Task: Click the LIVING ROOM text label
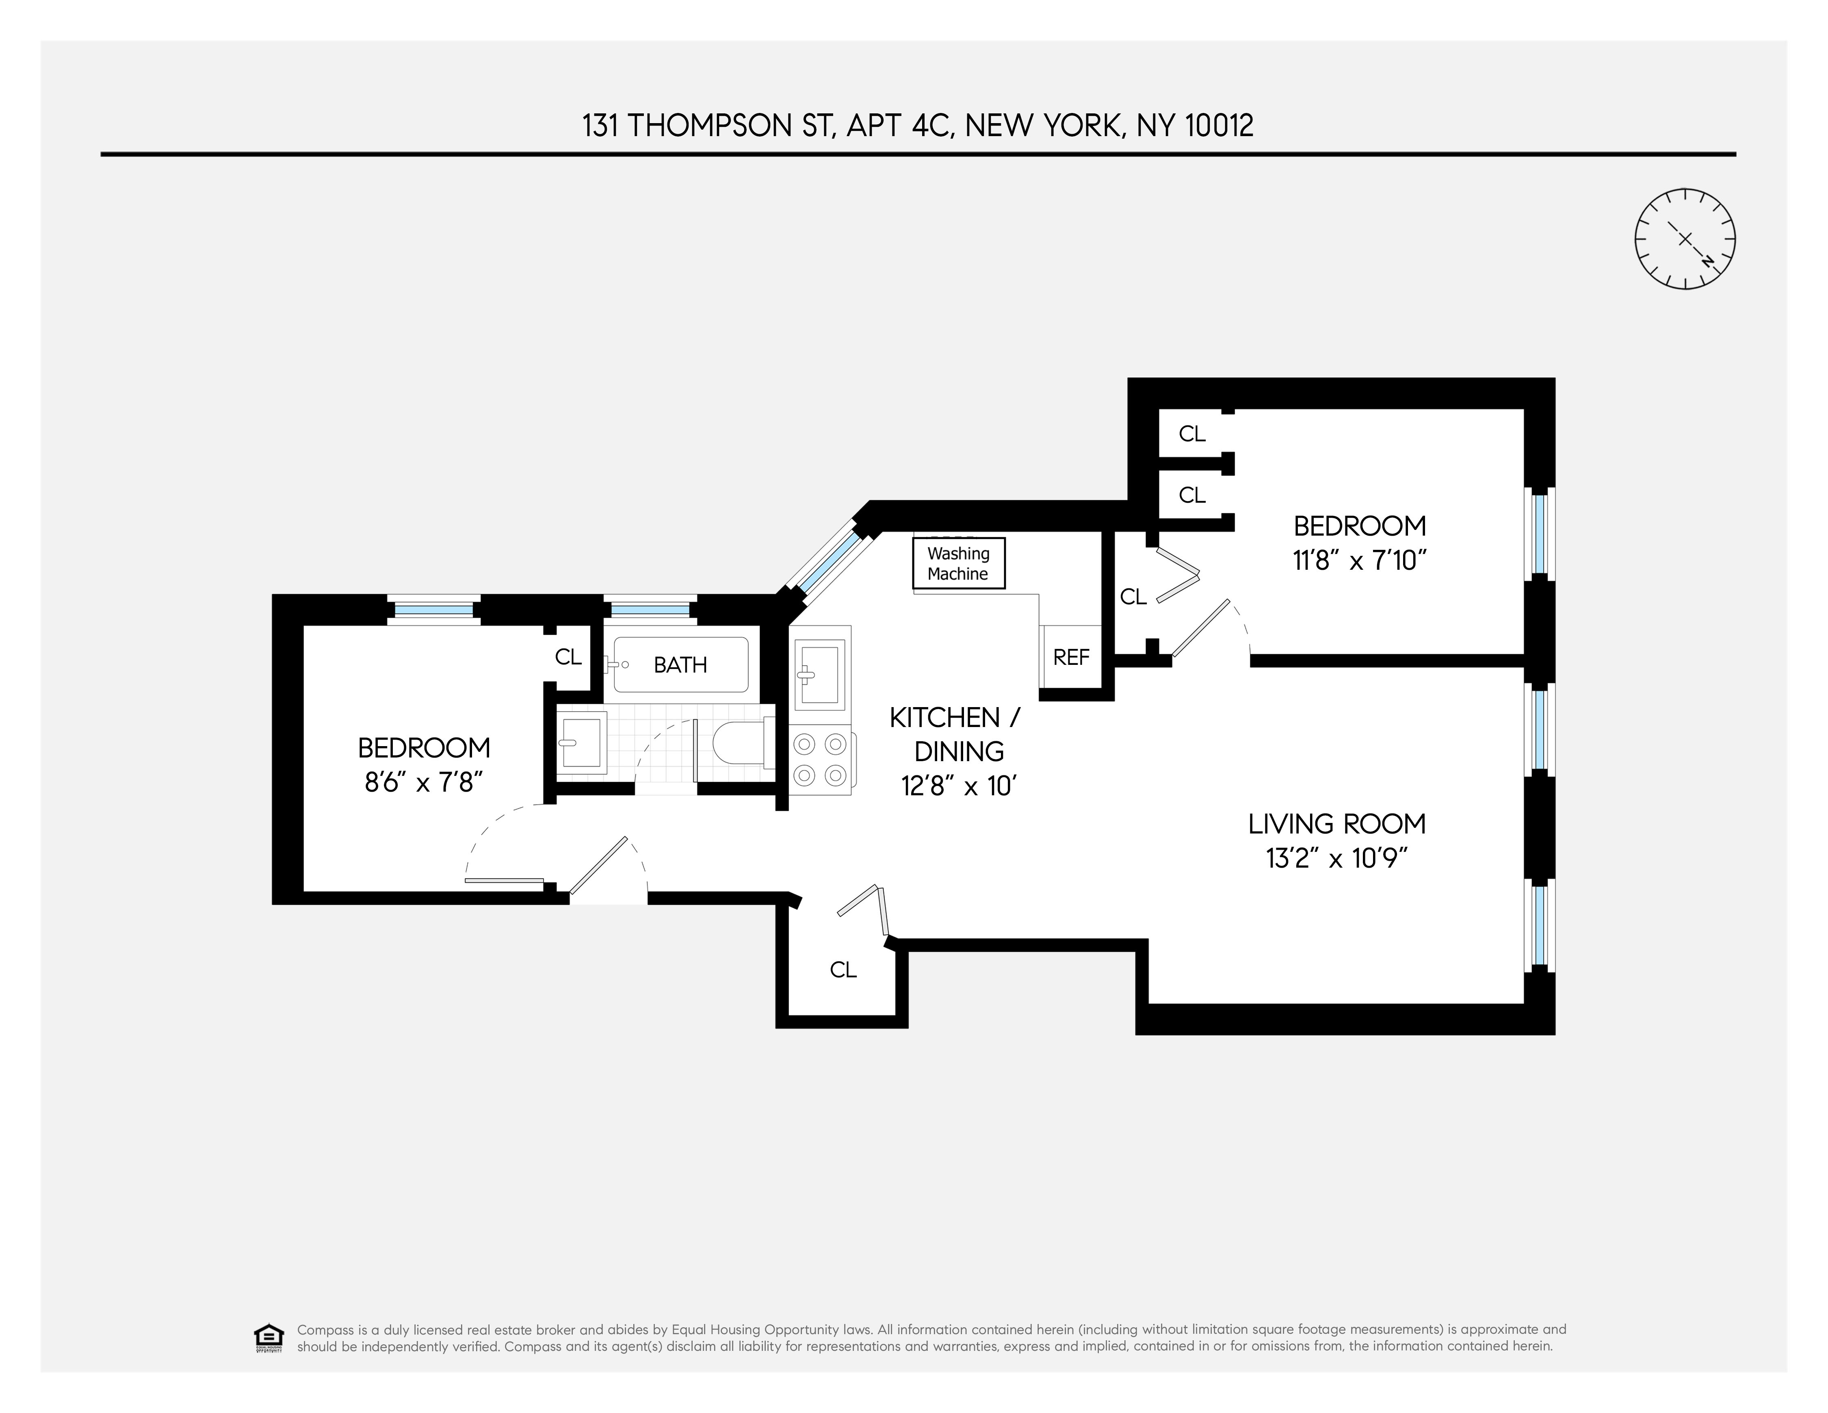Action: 1337,824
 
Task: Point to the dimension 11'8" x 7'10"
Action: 1359,560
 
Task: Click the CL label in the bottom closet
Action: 843,969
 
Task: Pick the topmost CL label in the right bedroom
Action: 1192,434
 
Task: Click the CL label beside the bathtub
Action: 568,657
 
